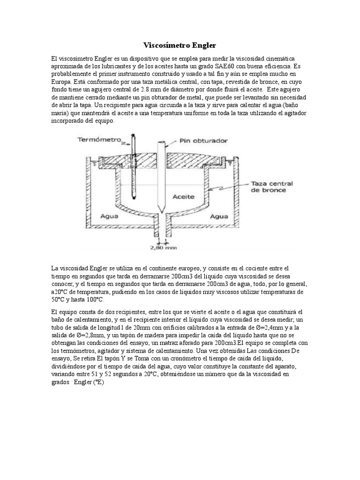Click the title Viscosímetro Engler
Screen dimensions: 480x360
point(180,45)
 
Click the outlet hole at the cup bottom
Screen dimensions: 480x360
point(160,225)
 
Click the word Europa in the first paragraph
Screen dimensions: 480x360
point(62,82)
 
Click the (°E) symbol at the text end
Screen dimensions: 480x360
point(98,382)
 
